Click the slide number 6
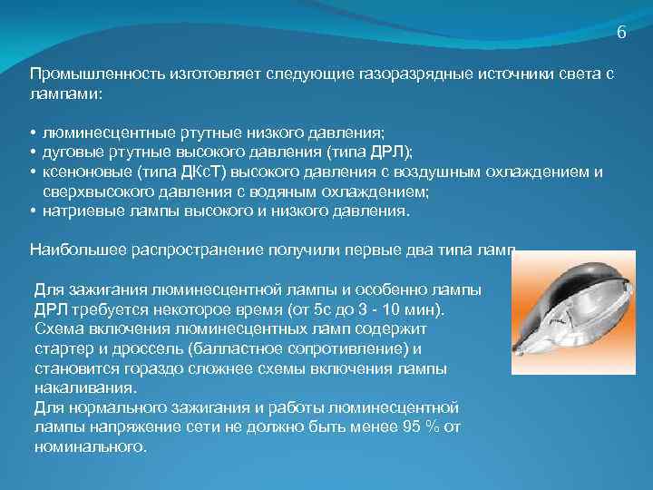coord(621,33)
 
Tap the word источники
coord(491,73)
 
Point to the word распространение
coord(192,249)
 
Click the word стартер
coord(63,348)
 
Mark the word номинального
coord(89,447)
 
